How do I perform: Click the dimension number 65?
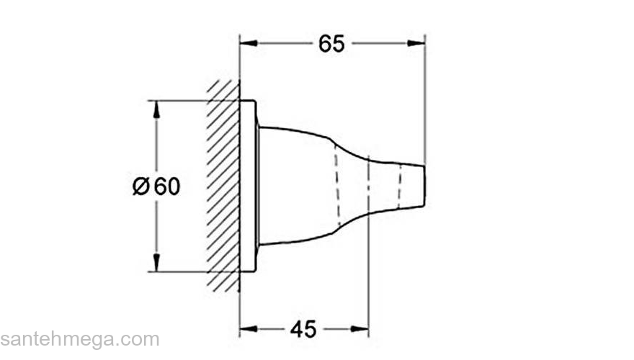(x=331, y=44)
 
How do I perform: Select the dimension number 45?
(x=303, y=329)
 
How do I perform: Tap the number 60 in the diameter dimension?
(x=166, y=186)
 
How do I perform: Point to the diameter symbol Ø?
(x=141, y=186)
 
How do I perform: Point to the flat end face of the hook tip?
(x=424, y=186)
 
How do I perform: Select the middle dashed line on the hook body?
(x=368, y=186)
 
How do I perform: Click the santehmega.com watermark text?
(x=79, y=339)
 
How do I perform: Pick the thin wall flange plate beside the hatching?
(x=248, y=186)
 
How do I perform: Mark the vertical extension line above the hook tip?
(x=425, y=101)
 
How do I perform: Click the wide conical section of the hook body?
(x=295, y=186)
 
